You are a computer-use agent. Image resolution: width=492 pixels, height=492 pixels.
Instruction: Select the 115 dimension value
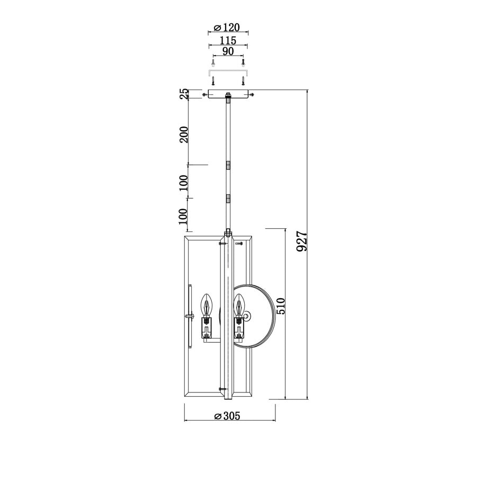click(x=228, y=41)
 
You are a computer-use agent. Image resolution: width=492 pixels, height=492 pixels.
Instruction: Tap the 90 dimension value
click(x=228, y=51)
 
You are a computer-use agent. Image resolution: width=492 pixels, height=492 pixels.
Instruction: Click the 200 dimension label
click(x=184, y=135)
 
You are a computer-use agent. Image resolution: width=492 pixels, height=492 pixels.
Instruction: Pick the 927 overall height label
click(x=301, y=241)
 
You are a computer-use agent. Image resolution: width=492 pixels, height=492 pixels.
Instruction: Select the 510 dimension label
click(x=280, y=306)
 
